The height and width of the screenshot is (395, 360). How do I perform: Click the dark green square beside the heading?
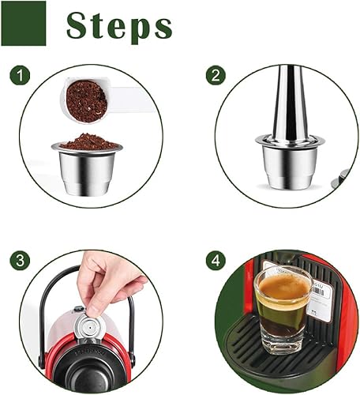pyautogui.click(x=24, y=24)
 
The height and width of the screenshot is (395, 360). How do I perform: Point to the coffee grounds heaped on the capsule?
pyautogui.click(x=89, y=141)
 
